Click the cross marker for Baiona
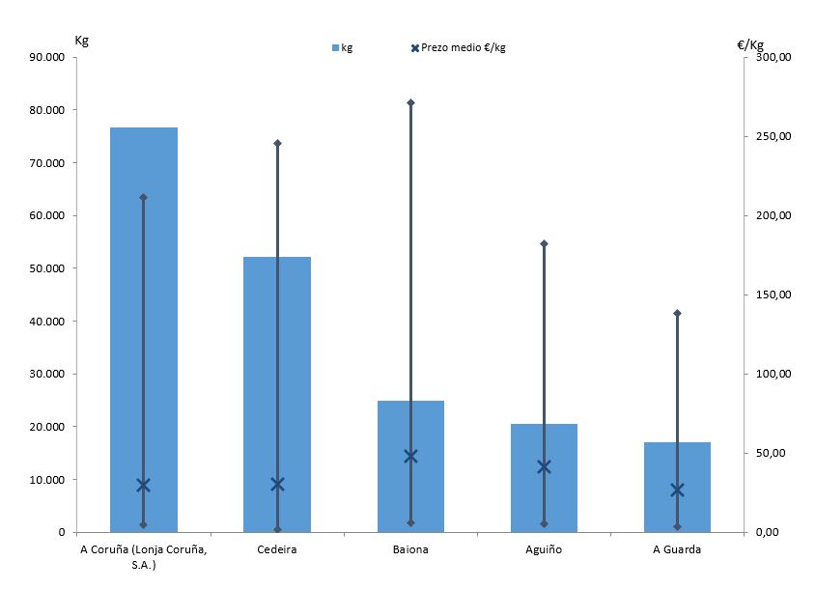(x=410, y=456)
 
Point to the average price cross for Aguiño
(x=544, y=466)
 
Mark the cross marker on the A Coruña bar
(x=144, y=485)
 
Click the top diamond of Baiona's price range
(x=410, y=102)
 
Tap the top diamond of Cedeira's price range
(x=277, y=143)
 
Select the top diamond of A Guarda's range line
(x=677, y=313)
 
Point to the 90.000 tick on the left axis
(x=45, y=57)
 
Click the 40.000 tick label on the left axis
(x=45, y=322)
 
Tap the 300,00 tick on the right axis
(x=773, y=57)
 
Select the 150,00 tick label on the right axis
(x=773, y=294)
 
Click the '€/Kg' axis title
(x=749, y=43)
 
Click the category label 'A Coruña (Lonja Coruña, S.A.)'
(x=143, y=556)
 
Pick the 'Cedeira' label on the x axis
(x=277, y=550)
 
